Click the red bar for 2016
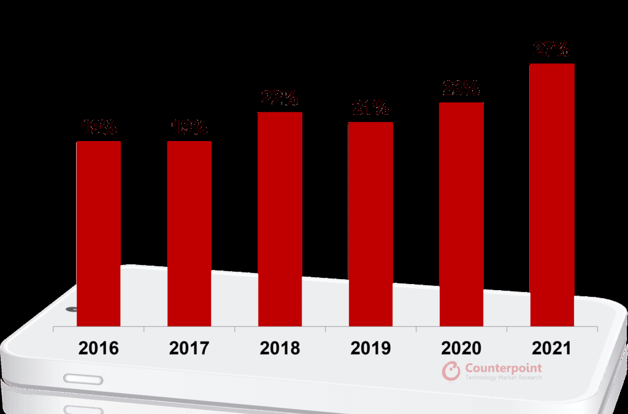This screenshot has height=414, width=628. click(x=98, y=234)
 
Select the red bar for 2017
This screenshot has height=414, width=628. click(x=189, y=234)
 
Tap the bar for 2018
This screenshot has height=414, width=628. click(x=280, y=219)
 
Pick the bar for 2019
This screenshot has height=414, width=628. click(x=370, y=224)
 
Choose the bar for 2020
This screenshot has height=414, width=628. click(x=461, y=214)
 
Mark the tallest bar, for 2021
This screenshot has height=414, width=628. click(x=552, y=195)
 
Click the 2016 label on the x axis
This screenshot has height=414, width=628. click(x=98, y=348)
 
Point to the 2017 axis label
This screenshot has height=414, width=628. click(x=189, y=348)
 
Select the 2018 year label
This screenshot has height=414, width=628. click(x=280, y=348)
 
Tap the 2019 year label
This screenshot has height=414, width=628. click(x=370, y=348)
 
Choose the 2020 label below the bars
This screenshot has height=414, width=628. click(x=461, y=348)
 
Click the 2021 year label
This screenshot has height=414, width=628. click(x=552, y=348)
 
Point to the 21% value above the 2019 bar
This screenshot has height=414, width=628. click(x=370, y=109)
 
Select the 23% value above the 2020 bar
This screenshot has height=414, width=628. click(x=461, y=89)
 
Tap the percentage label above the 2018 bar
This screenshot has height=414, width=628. click(x=280, y=98)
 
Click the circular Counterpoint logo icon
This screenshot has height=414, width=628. click(x=451, y=371)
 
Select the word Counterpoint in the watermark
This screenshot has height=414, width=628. click(x=504, y=368)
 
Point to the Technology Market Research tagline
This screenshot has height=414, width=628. click(x=504, y=378)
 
